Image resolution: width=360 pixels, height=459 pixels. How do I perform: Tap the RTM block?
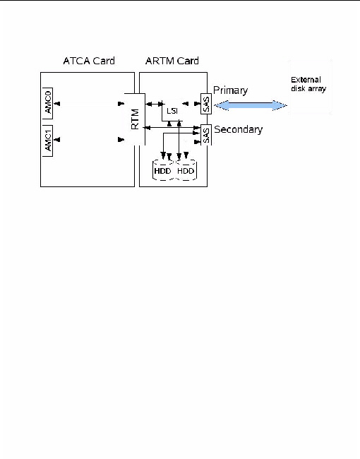point(134,119)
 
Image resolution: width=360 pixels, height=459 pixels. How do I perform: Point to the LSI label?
point(172,111)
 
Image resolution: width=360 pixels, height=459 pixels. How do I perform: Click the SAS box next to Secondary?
point(205,136)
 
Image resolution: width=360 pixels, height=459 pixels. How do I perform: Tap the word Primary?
point(231,92)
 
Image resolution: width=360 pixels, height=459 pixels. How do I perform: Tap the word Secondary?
point(238,130)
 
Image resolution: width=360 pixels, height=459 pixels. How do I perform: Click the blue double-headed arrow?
point(252,105)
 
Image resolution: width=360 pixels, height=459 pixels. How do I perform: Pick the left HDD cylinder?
point(164,171)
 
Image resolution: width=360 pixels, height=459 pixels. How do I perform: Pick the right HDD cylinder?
point(186,171)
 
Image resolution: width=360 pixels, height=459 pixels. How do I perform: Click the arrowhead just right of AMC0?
point(59,105)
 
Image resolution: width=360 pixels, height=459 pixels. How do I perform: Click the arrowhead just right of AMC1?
point(59,141)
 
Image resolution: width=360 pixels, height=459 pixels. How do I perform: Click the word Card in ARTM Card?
point(186,61)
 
